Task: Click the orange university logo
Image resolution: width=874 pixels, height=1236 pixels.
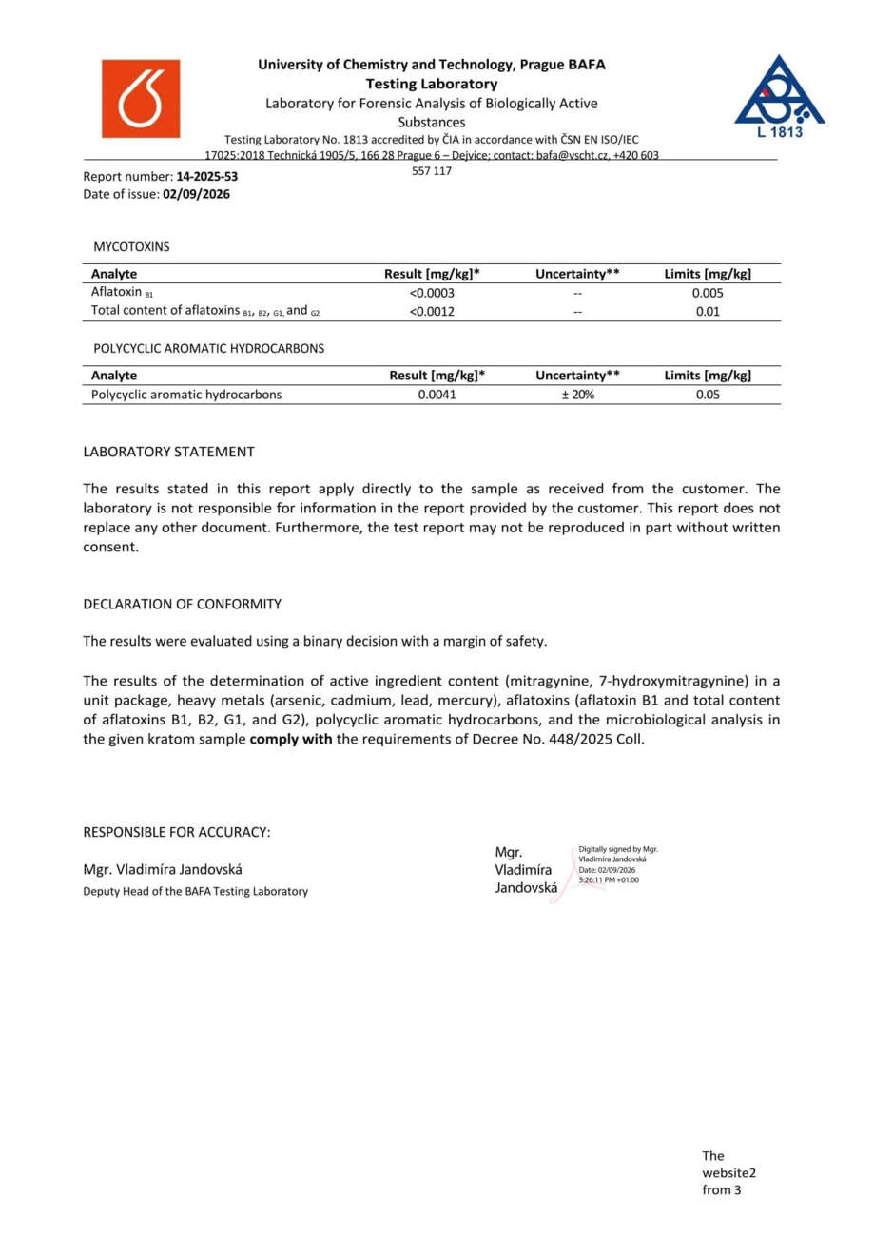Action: coord(140,99)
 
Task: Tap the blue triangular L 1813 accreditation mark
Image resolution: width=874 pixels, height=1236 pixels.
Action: coord(779,96)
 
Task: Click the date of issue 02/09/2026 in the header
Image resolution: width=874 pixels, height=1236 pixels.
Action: coord(196,194)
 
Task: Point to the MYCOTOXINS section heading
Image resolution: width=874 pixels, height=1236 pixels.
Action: coord(131,246)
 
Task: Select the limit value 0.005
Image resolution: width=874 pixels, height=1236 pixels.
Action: coord(708,293)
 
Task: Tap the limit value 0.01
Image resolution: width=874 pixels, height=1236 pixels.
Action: coord(708,311)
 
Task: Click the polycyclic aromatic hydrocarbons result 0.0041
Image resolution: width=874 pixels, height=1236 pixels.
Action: coord(437,395)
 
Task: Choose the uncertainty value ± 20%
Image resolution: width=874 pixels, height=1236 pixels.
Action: coord(577,395)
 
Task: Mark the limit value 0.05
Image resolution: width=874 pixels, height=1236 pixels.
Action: coord(708,395)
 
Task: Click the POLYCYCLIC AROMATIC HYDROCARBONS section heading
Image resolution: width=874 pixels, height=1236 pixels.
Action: coord(208,348)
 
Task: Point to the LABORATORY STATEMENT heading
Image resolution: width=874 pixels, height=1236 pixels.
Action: coord(168,452)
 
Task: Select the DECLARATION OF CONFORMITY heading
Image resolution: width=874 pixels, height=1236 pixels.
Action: coord(182,604)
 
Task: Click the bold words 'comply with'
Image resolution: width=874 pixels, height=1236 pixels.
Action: coord(290,739)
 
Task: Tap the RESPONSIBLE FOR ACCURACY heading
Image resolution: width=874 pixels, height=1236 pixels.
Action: coord(177,832)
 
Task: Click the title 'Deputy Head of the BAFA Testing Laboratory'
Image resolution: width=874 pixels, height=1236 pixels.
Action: coord(195,891)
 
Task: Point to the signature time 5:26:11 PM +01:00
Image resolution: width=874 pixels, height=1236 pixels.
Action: coord(609,880)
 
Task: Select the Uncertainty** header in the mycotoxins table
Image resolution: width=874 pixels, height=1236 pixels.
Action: coord(577,274)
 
